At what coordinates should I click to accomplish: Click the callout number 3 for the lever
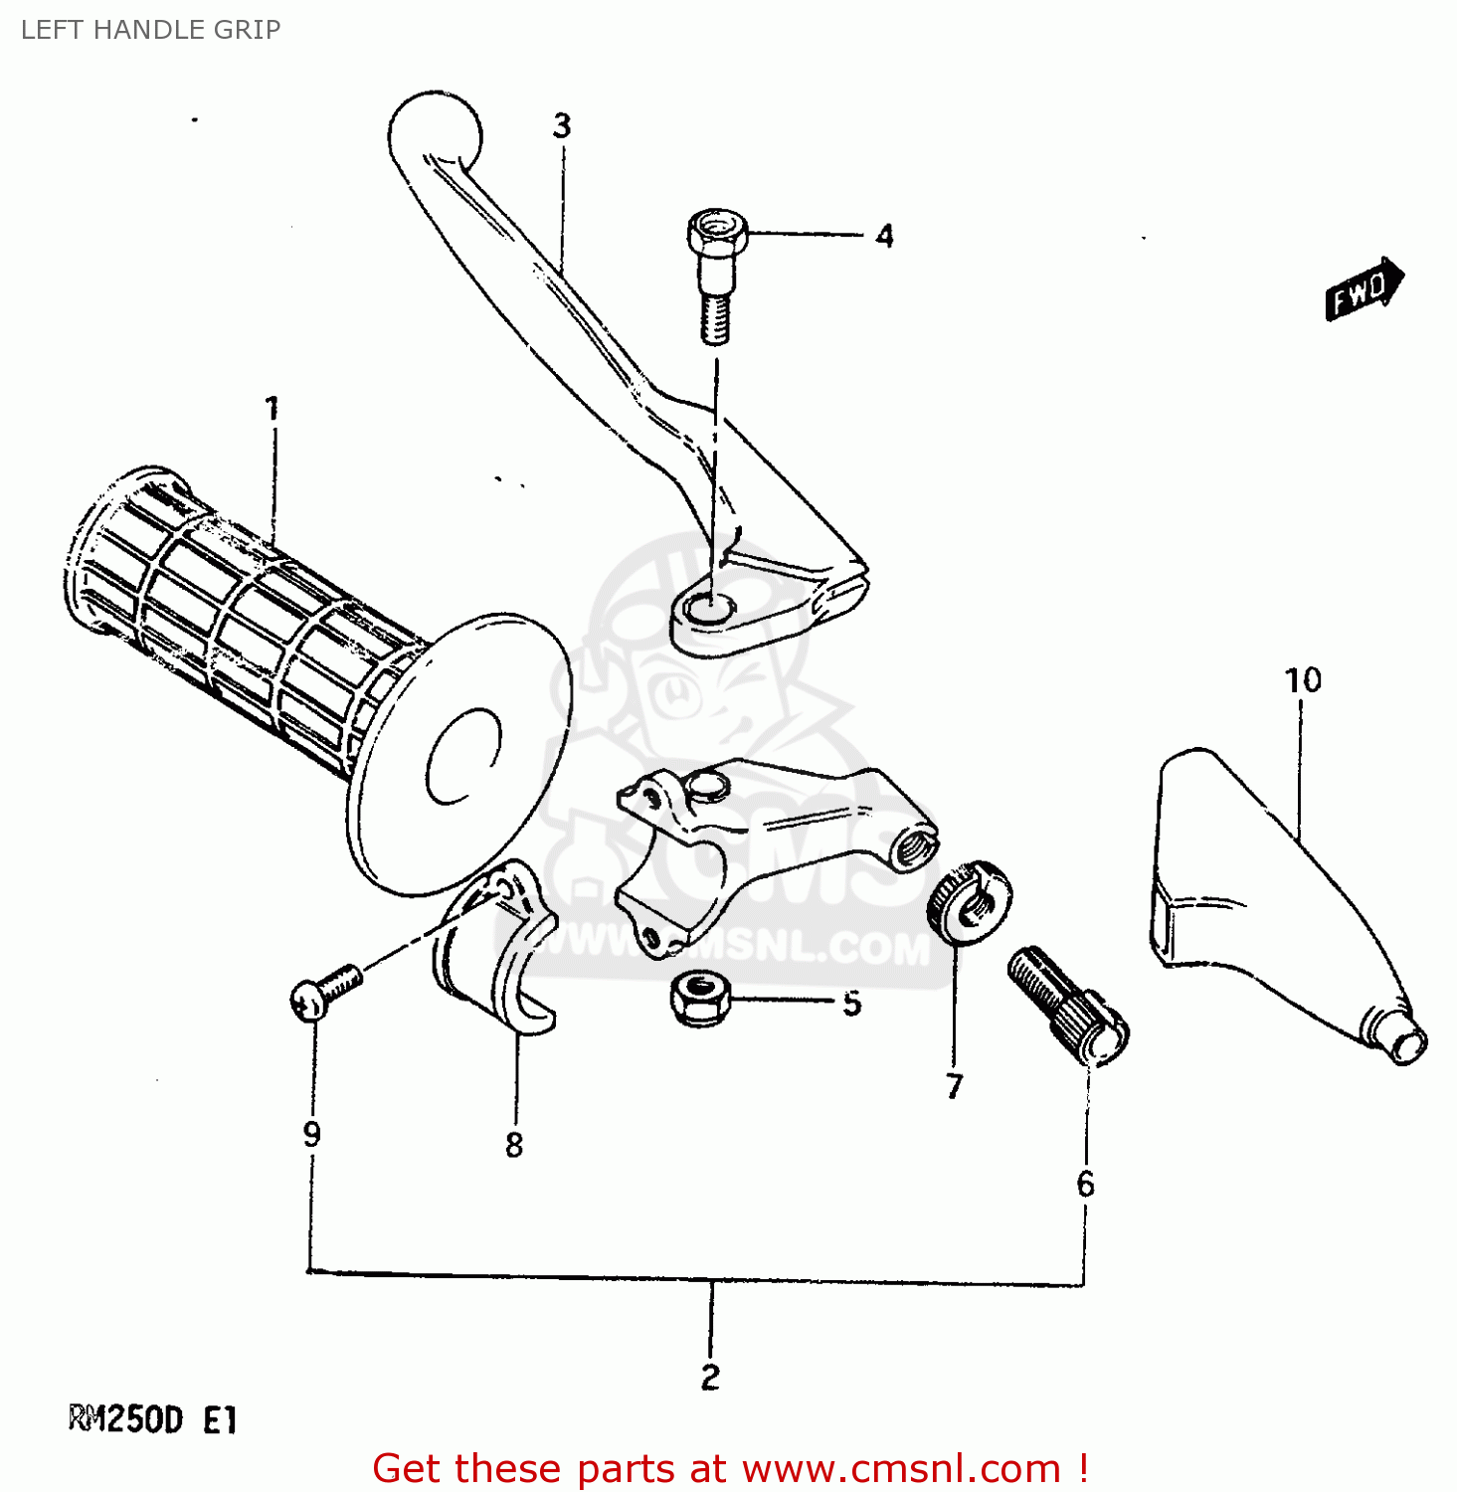tap(562, 126)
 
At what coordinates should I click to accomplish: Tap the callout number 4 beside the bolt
tap(884, 236)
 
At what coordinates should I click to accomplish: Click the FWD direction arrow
tap(1364, 288)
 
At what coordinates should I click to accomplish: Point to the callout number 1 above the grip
tap(272, 408)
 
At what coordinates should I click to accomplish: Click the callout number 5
tap(851, 1004)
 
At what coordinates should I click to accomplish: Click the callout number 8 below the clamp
tap(514, 1145)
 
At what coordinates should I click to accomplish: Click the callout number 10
tap(1303, 680)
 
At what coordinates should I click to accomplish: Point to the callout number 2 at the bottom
tap(710, 1377)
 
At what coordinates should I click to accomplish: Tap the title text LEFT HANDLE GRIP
tap(150, 30)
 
